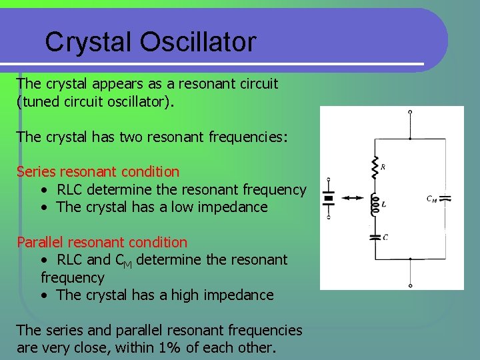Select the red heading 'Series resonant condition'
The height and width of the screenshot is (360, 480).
[98, 172]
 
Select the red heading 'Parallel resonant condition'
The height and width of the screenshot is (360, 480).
[102, 242]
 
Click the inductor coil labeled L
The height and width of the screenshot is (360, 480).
[375, 203]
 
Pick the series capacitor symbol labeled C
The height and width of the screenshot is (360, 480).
[375, 235]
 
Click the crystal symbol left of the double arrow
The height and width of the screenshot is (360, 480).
[328, 198]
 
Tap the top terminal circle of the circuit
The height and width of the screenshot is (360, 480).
[410, 112]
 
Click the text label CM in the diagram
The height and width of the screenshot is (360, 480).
[432, 198]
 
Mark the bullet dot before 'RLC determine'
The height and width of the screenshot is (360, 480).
[43, 190]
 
